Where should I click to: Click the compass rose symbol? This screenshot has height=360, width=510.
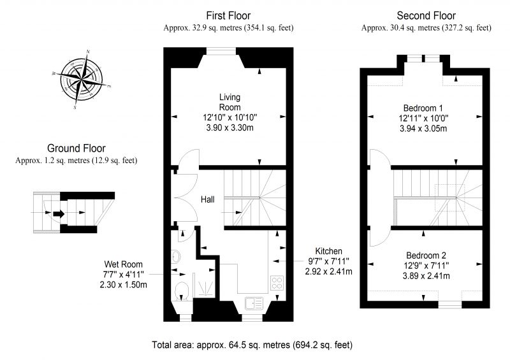coord(82,80)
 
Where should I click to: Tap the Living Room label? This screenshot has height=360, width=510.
coord(229,102)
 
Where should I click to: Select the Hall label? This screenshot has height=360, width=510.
coord(208,199)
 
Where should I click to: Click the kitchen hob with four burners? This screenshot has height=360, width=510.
coord(277,282)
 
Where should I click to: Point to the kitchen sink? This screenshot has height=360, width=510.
coord(254,303)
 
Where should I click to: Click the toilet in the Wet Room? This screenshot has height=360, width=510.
coord(182,291)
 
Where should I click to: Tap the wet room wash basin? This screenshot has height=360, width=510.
coord(176,256)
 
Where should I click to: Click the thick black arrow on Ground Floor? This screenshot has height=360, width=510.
coord(59,213)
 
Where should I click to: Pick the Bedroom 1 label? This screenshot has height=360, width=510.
coord(423,108)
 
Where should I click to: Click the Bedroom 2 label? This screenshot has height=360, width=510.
coord(426,256)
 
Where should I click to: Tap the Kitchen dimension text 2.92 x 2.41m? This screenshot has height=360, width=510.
coord(328,271)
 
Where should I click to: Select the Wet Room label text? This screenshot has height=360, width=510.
coord(123,264)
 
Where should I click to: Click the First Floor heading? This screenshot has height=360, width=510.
coord(228,15)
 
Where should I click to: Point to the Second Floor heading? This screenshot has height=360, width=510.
coord(426,15)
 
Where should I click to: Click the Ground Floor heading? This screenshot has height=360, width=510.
coord(76,148)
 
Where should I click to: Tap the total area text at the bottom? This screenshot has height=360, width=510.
coord(252,345)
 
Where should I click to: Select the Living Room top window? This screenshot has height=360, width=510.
coord(221,51)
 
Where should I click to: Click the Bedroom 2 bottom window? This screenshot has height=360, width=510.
coord(450,305)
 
